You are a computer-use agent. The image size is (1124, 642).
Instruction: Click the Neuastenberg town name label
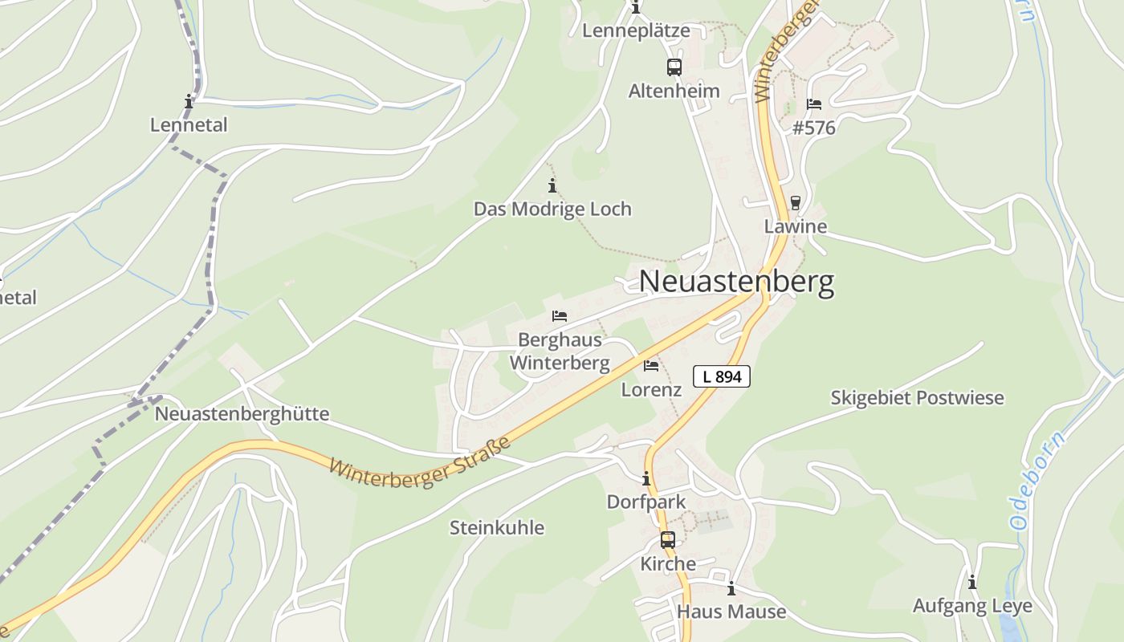(x=736, y=282)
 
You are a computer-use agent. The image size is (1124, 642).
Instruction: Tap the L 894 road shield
(x=721, y=376)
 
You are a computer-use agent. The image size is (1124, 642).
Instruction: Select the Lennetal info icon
(x=189, y=101)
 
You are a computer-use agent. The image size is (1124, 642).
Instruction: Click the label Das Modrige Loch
(x=552, y=209)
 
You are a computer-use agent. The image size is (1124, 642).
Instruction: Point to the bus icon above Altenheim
(x=674, y=67)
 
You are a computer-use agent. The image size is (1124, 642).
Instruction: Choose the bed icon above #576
(x=814, y=105)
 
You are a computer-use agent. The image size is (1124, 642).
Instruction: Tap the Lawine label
(x=795, y=226)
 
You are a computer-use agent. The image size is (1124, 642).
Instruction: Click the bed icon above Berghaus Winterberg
(x=560, y=316)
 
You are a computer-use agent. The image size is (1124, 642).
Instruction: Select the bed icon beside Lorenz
(x=651, y=366)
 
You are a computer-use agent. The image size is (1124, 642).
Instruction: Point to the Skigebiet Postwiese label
(x=917, y=398)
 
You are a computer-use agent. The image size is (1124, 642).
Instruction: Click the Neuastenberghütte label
(x=242, y=414)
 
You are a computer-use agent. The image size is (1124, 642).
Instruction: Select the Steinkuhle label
(x=497, y=527)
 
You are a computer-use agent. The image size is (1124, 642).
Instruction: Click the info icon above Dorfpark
(x=646, y=479)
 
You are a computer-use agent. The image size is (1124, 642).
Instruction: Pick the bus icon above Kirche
(x=668, y=540)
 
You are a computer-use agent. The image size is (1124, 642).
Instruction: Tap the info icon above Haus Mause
(x=731, y=589)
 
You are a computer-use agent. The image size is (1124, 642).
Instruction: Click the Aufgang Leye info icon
(x=972, y=582)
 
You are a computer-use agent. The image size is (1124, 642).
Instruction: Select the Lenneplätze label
(x=636, y=30)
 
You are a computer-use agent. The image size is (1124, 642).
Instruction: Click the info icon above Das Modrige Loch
(x=552, y=186)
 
